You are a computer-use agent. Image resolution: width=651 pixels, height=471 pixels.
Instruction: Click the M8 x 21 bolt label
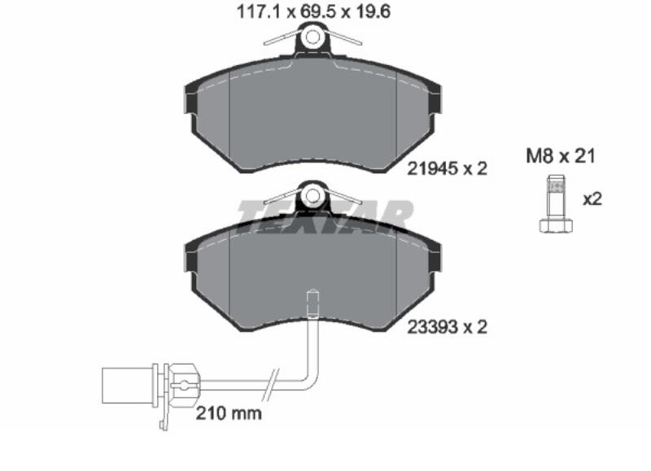click(561, 156)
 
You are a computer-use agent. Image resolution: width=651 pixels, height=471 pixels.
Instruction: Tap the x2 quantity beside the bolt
click(592, 199)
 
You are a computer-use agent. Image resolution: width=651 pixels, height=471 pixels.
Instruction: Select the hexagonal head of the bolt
click(556, 225)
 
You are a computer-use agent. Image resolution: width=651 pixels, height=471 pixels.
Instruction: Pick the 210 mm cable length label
click(229, 413)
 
